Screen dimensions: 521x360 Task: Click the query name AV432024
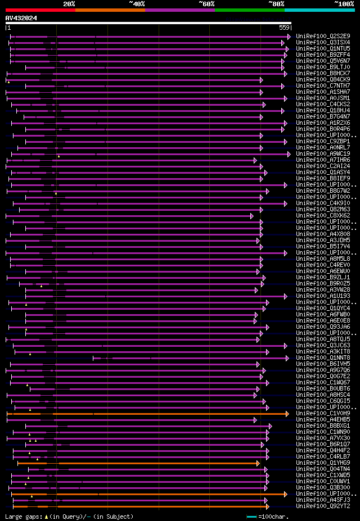point(21,18)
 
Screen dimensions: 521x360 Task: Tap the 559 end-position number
point(284,28)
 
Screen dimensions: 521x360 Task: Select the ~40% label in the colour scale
point(137,3)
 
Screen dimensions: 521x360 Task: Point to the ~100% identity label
point(344,3)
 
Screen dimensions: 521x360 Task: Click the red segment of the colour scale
point(40,10)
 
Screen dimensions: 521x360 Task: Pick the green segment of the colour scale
point(249,10)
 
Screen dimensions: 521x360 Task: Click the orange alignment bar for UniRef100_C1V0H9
point(146,414)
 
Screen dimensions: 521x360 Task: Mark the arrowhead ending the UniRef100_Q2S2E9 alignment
point(289,37)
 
